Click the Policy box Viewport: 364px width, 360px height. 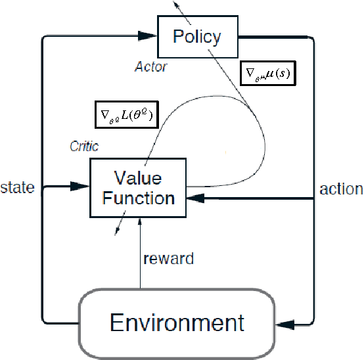pos(196,37)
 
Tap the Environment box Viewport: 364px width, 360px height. pos(177,323)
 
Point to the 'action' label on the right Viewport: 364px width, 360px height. pos(341,189)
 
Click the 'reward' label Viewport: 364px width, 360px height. pos(169,258)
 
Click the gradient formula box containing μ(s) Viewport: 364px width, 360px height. pos(266,76)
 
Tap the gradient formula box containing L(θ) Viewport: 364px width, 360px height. pos(125,116)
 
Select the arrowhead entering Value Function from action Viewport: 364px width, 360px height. pos(194,196)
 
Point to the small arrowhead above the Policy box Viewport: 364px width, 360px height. pos(175,3)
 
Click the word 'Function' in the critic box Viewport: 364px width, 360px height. pos(137,198)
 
